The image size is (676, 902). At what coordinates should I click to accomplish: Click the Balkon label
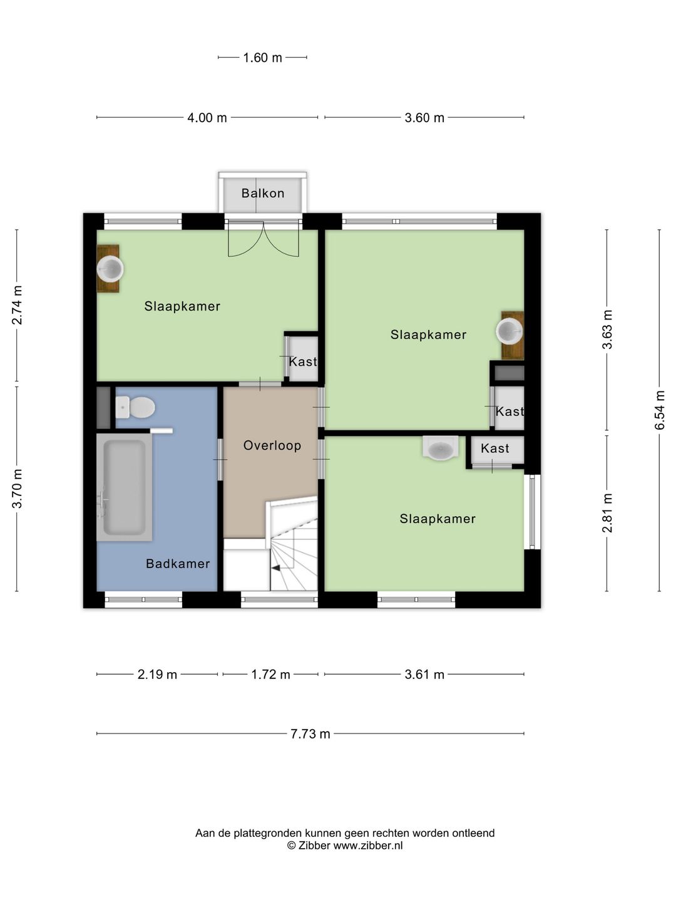pyautogui.click(x=263, y=193)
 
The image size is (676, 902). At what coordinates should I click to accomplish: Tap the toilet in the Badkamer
pyautogui.click(x=135, y=407)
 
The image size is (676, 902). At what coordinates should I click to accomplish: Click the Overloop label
pyautogui.click(x=272, y=445)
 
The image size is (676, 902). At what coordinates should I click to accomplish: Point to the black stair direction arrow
pyautogui.click(x=276, y=568)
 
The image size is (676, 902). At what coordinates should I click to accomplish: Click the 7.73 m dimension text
pyautogui.click(x=310, y=734)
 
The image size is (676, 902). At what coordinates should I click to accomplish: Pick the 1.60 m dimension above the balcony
pyautogui.click(x=263, y=58)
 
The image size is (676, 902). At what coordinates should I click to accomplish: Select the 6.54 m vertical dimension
pyautogui.click(x=659, y=410)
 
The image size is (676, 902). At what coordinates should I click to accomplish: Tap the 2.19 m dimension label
pyautogui.click(x=157, y=675)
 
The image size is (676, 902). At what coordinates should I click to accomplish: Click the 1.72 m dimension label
pyautogui.click(x=270, y=675)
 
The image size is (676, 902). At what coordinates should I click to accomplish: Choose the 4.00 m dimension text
pyautogui.click(x=207, y=118)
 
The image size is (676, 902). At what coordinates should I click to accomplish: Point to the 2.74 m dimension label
pyautogui.click(x=17, y=305)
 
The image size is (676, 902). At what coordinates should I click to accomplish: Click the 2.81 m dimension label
pyautogui.click(x=607, y=513)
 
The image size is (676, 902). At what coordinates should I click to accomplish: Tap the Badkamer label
pyautogui.click(x=178, y=563)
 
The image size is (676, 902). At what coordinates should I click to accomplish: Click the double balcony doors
pyautogui.click(x=263, y=239)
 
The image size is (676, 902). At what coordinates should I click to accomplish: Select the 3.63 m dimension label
pyautogui.click(x=607, y=329)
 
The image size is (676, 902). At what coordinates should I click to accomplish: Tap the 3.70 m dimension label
pyautogui.click(x=17, y=489)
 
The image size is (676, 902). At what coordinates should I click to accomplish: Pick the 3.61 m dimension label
pyautogui.click(x=424, y=675)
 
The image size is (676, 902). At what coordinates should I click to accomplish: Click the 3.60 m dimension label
pyautogui.click(x=424, y=118)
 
